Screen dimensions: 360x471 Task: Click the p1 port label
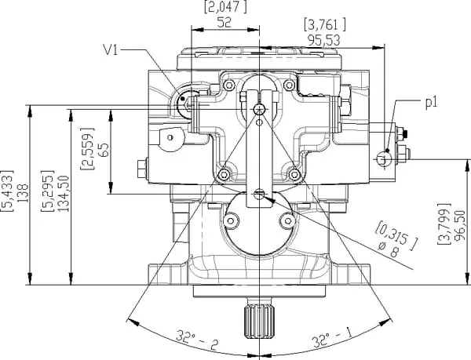[431, 102]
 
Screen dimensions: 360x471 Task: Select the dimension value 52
[224, 24]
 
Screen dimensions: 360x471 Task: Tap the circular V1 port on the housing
[189, 100]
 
